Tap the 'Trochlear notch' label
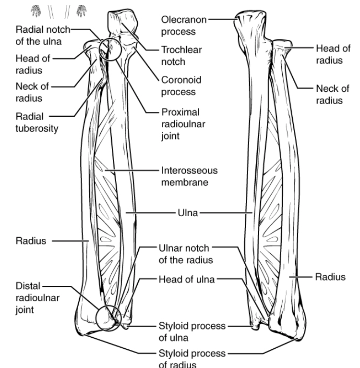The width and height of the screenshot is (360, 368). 174,55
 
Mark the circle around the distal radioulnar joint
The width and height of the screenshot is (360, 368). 108,319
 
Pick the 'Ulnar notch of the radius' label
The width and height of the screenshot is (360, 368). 184,253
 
